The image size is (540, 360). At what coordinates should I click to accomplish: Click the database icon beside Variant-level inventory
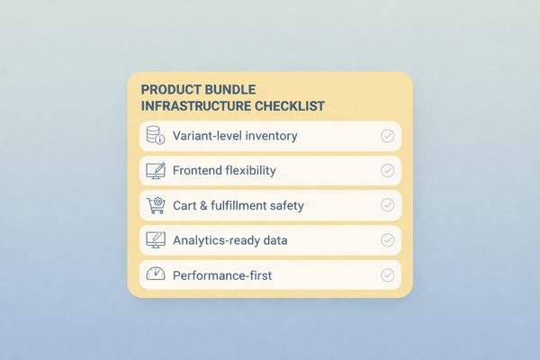[155, 136]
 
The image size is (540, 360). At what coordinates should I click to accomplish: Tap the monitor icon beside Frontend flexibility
[155, 170]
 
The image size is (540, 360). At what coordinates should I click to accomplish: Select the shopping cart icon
[155, 205]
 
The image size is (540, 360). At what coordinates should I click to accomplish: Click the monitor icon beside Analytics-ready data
[155, 239]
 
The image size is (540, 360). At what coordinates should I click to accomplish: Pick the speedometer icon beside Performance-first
[155, 274]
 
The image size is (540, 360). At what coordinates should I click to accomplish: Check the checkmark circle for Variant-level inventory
[388, 136]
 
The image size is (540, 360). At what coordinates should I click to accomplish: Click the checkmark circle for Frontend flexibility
[388, 170]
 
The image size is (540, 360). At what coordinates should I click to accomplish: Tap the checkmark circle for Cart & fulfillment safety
[388, 205]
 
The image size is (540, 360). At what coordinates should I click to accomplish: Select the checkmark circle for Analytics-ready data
[388, 239]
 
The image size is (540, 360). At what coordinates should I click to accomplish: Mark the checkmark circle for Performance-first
[388, 274]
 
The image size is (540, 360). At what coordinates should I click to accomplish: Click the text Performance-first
[220, 274]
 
